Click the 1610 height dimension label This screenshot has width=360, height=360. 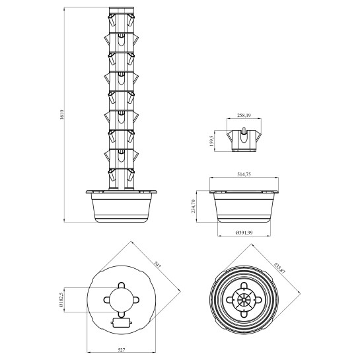pos(61,115)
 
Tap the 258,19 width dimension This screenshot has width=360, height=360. pos(244,116)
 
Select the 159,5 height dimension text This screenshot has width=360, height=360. pos(211,141)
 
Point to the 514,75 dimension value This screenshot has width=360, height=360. pos(244,174)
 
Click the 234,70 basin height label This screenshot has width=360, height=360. pos(194,206)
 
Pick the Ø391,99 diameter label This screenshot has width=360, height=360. pos(244,233)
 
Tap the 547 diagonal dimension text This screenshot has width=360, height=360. pos(157,265)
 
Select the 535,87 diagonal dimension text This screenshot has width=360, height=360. pos(279,268)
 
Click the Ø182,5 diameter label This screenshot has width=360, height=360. pos(61,300)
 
